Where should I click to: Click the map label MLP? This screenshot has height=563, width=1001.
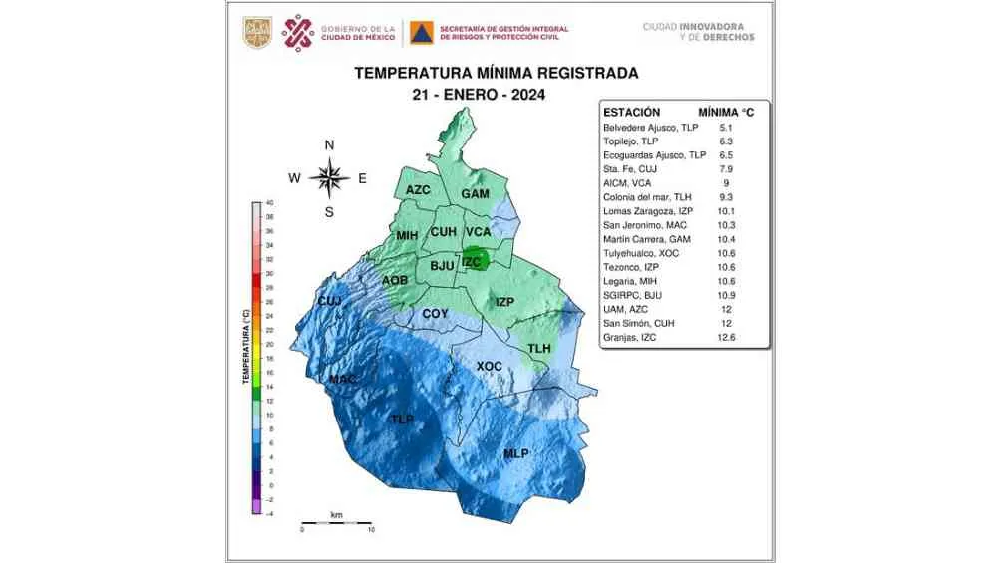515,454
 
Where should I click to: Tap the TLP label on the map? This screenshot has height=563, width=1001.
402,420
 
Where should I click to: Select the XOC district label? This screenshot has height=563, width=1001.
489,367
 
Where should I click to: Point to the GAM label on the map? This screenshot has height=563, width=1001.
475,194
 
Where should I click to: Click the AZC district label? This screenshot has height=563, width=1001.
418,190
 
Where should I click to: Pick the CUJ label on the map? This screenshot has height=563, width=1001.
329,301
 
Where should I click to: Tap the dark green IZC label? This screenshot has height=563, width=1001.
472,263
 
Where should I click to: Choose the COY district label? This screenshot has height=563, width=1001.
435,314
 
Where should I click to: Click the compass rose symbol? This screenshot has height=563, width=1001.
329,178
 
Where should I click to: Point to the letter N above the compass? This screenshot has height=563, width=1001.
330,145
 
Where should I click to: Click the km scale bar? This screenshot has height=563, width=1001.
336,522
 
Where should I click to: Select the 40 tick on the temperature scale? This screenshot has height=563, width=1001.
269,203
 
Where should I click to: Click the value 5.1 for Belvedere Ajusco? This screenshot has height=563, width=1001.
726,129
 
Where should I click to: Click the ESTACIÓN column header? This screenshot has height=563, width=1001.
632,113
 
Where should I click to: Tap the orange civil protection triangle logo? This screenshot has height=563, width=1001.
420,34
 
